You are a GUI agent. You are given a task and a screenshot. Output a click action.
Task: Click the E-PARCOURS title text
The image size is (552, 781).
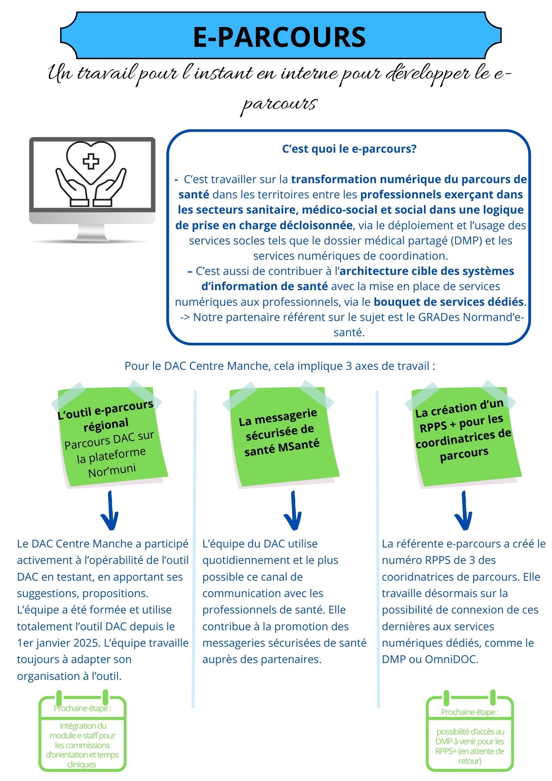coord(280,37)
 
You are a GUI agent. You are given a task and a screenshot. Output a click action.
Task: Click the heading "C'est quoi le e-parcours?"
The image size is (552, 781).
coord(349,149)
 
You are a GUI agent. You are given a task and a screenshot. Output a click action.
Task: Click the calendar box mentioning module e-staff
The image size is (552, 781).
coord(82,734)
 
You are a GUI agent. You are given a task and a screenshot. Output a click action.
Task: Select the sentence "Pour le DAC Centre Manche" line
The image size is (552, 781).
coord(280,366)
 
